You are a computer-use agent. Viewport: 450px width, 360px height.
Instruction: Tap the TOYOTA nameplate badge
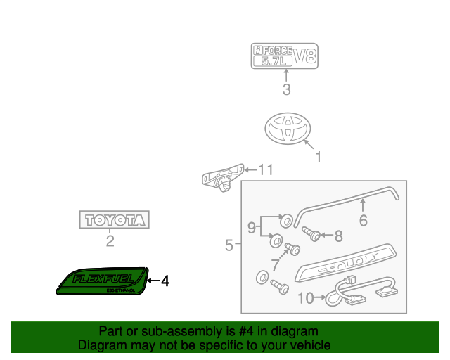(x=114, y=220)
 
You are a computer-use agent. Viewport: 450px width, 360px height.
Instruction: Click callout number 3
(x=286, y=89)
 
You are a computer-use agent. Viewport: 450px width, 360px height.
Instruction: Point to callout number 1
(x=318, y=157)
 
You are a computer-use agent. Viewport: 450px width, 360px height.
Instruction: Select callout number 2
(x=110, y=243)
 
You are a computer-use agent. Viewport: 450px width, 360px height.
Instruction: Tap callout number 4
(x=165, y=281)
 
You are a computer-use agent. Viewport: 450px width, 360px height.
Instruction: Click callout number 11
(x=264, y=169)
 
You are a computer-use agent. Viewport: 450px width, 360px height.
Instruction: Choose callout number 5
(x=229, y=245)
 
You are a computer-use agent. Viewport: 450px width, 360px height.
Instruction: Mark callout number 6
(x=363, y=220)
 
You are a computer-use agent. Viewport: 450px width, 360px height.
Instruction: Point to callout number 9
(x=251, y=227)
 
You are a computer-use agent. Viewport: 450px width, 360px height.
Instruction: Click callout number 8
(x=337, y=236)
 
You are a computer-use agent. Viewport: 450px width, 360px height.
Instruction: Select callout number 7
(x=276, y=264)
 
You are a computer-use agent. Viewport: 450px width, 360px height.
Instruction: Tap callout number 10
(x=304, y=298)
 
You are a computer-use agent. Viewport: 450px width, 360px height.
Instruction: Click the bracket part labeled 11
(x=221, y=176)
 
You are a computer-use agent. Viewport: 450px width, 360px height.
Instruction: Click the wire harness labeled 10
(x=359, y=289)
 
